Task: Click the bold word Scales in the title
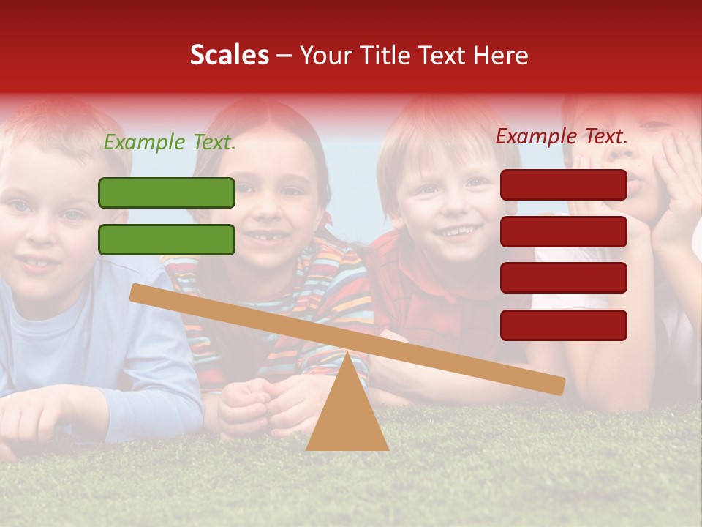click(x=230, y=55)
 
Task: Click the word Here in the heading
click(x=501, y=56)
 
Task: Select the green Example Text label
click(x=170, y=143)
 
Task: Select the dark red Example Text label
click(x=562, y=136)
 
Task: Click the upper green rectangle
click(x=167, y=193)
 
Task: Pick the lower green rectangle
click(x=167, y=239)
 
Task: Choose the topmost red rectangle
click(x=564, y=184)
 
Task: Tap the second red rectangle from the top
click(x=564, y=231)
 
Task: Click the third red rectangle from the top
click(x=564, y=278)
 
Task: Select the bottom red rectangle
click(x=564, y=325)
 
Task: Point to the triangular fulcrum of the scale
click(x=347, y=410)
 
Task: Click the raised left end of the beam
click(x=139, y=293)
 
